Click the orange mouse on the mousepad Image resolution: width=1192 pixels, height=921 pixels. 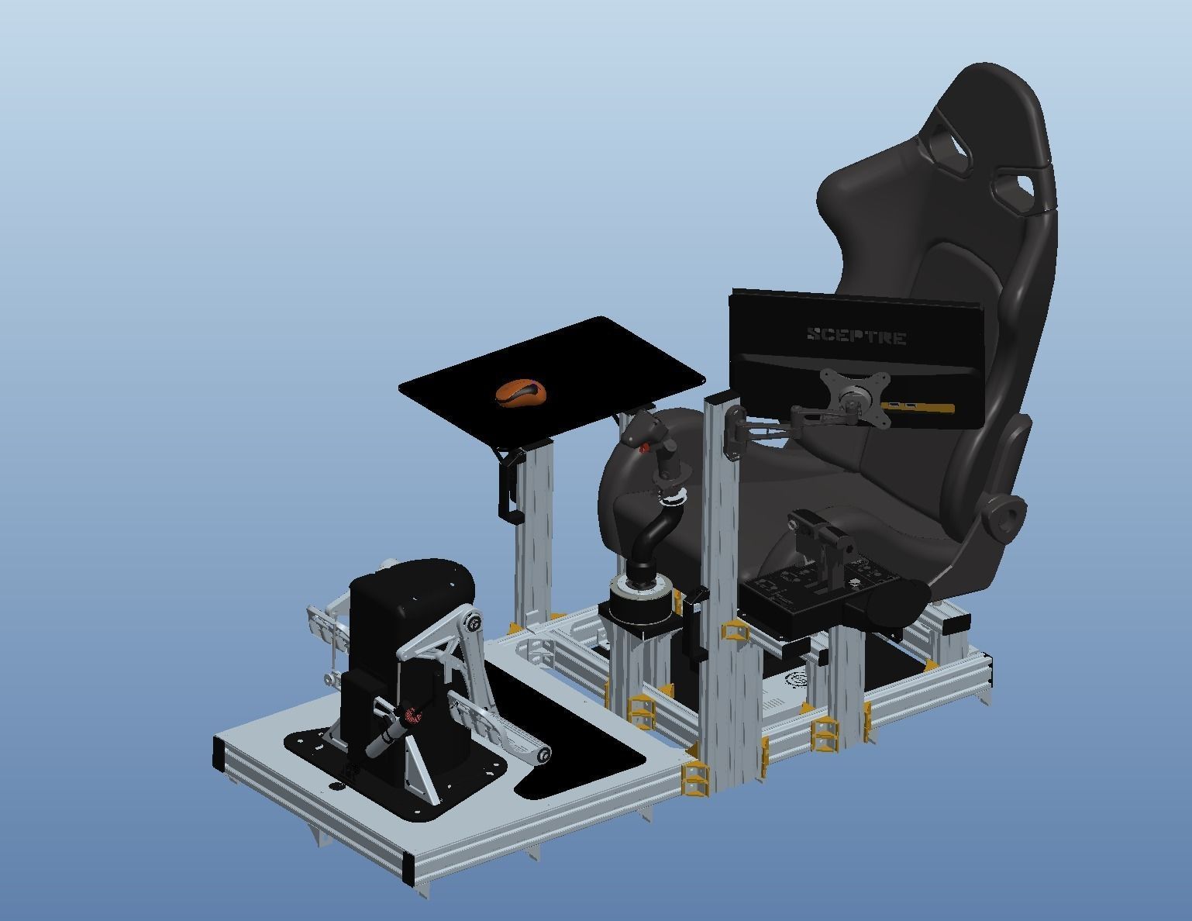(520, 392)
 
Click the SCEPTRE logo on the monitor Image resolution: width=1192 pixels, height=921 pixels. (856, 336)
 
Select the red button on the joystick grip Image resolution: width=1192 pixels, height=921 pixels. (645, 447)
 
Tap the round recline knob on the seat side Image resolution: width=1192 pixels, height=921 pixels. (1005, 517)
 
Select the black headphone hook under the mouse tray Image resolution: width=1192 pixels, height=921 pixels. (506, 485)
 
